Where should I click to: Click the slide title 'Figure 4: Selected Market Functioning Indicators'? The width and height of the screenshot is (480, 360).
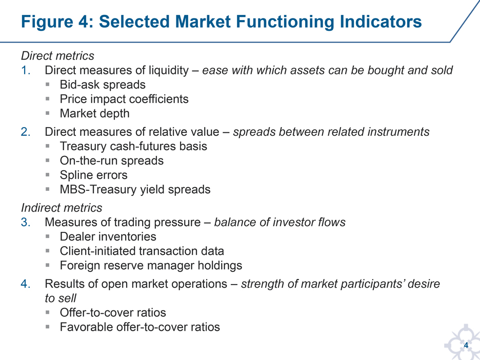click(222, 22)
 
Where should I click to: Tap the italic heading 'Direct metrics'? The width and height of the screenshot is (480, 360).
click(57, 56)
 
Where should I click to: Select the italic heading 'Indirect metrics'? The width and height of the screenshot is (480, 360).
click(62, 208)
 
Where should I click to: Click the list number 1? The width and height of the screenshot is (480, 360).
click(26, 70)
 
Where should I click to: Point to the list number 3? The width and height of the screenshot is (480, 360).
click(26, 222)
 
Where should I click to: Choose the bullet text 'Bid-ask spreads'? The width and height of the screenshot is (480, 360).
click(103, 85)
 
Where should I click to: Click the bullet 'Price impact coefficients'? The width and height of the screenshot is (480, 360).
click(124, 99)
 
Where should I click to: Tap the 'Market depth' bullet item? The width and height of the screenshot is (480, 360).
click(94, 113)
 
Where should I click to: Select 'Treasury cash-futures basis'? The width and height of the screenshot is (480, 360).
click(133, 146)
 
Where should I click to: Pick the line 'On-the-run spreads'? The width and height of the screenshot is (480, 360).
click(112, 161)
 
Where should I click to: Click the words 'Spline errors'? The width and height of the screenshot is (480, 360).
click(94, 175)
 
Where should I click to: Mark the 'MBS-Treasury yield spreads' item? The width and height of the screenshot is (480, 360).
click(135, 190)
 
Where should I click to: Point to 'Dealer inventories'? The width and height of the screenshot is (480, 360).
click(108, 236)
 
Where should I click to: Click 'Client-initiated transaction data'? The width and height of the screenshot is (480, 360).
click(142, 251)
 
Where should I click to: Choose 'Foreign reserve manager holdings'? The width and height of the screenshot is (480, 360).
click(151, 266)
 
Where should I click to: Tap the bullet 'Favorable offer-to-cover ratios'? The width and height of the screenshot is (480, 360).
click(140, 327)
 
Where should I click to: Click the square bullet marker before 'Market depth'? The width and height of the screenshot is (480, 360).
click(48, 113)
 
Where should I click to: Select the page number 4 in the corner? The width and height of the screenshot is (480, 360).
click(466, 345)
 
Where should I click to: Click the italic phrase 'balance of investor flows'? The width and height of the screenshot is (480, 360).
click(280, 222)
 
